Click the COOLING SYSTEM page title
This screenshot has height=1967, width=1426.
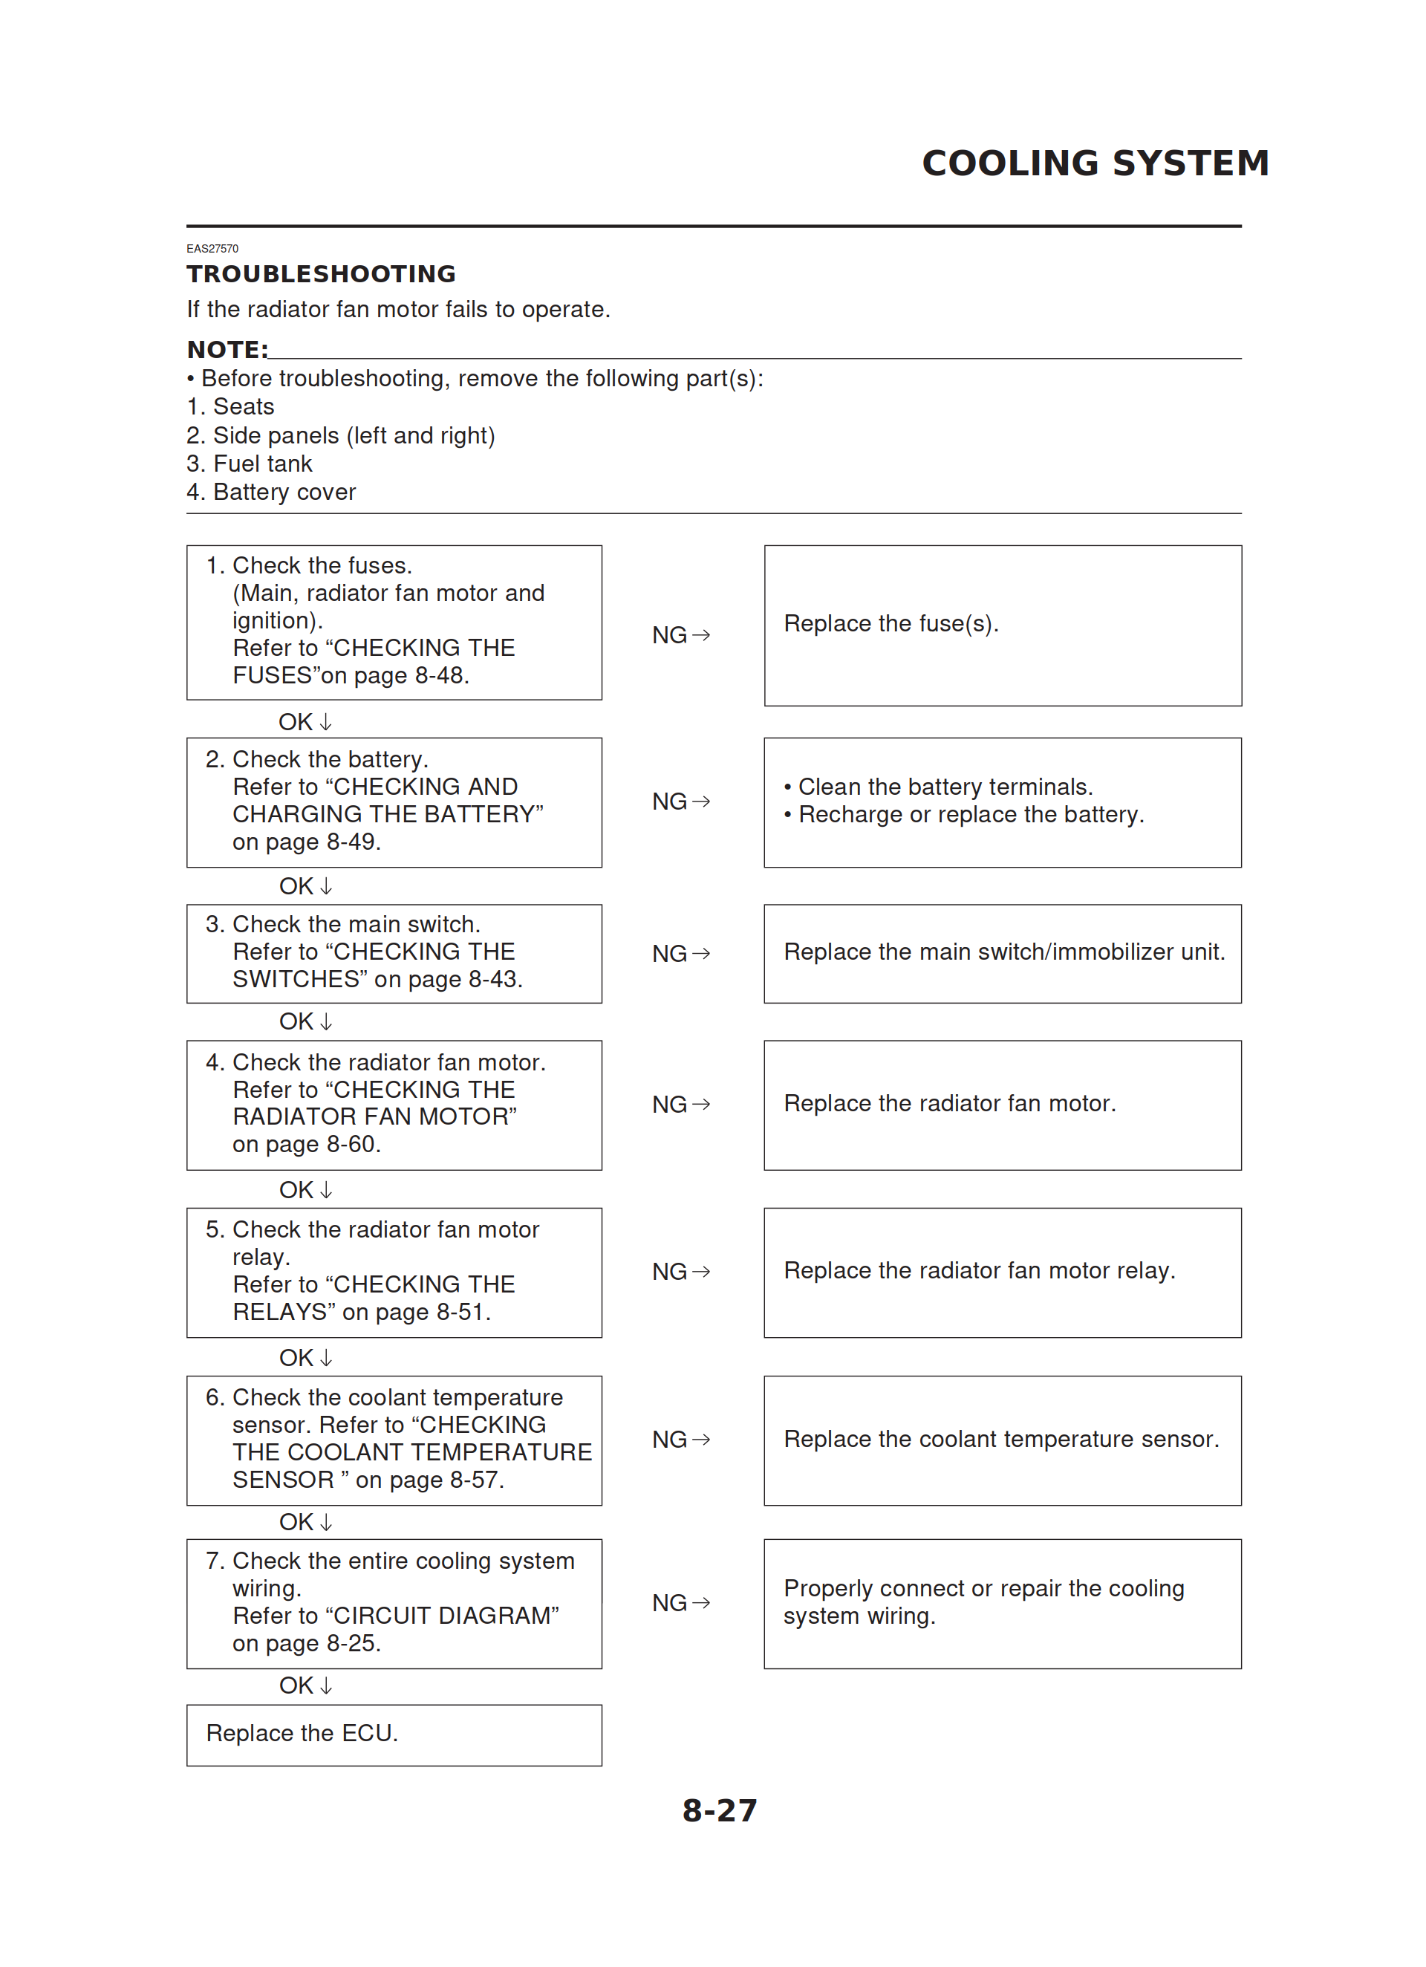pos(1095,163)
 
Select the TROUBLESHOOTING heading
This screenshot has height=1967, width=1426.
pos(321,274)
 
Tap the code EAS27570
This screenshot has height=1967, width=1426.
pos(212,249)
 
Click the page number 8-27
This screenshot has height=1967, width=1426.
pos(719,1810)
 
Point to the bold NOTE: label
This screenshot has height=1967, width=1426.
pos(227,350)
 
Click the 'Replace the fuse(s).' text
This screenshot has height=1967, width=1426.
pos(891,623)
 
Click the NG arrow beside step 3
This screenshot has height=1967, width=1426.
pos(681,953)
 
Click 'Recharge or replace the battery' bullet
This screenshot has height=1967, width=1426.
pos(971,814)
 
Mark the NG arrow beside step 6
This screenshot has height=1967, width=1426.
pos(681,1440)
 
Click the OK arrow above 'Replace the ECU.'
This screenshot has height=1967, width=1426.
pos(305,1685)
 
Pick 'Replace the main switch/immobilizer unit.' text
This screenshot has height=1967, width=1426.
pos(1003,952)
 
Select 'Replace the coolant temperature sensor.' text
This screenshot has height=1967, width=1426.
pos(1001,1440)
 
